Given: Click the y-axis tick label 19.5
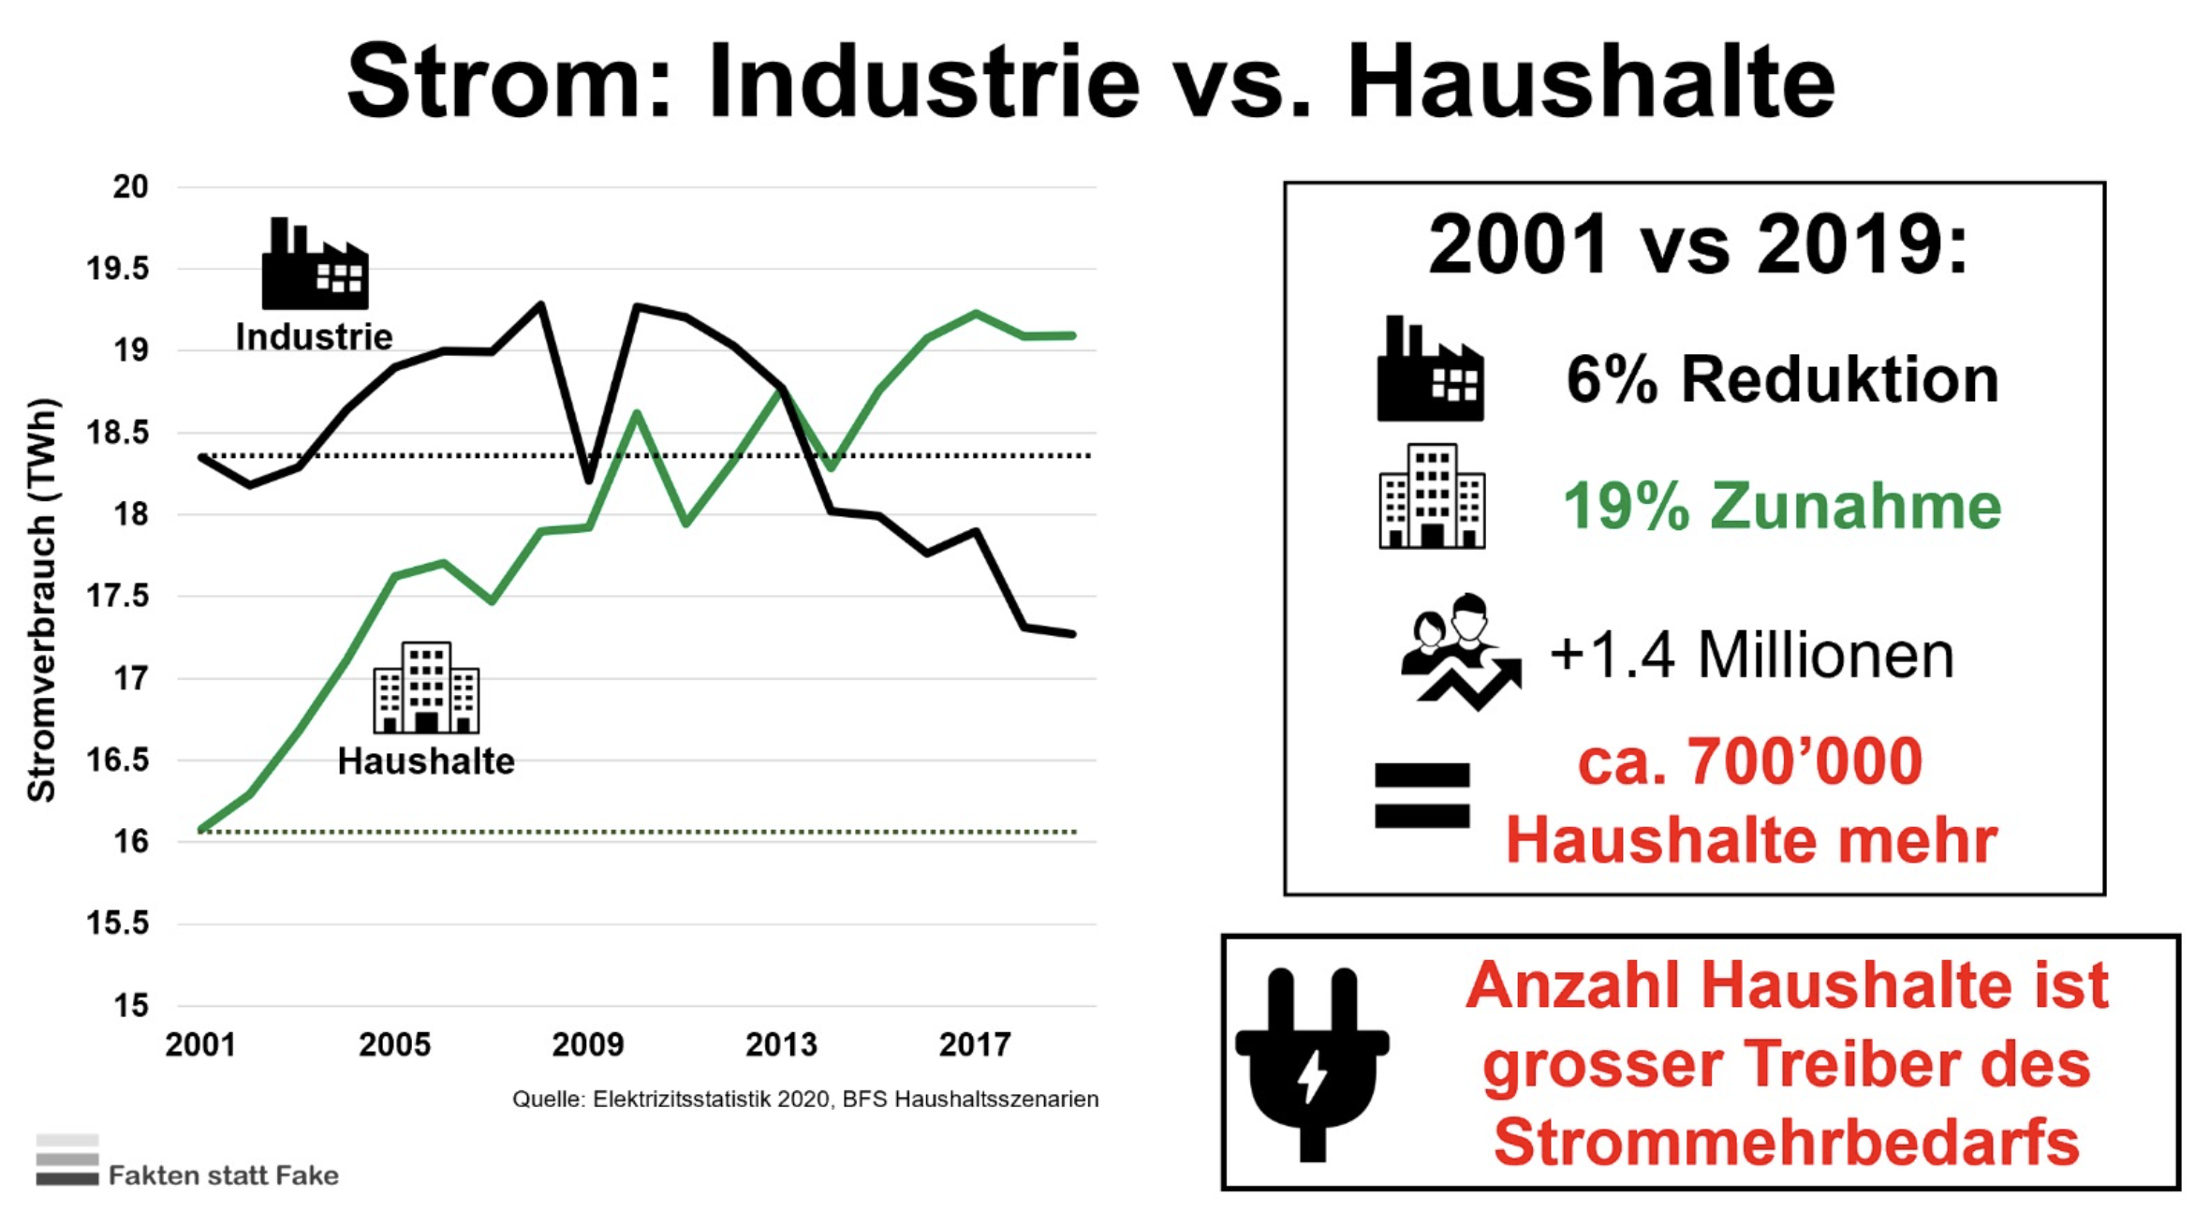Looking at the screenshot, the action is tap(118, 269).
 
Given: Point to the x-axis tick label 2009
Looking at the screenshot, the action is tap(587, 1044).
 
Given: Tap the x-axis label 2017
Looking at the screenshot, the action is tap(975, 1044).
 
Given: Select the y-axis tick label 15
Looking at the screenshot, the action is tap(131, 1006).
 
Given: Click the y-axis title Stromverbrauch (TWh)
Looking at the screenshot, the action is tap(42, 600).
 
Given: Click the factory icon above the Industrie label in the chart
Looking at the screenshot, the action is tap(315, 263).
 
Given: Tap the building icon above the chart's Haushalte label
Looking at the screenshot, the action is tap(426, 687).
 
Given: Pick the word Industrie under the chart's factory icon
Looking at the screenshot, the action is tap(314, 337).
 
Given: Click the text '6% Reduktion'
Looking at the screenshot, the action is tap(1782, 379).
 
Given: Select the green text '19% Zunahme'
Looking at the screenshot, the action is tap(1782, 506).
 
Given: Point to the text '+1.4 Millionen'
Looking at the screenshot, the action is tap(1752, 655).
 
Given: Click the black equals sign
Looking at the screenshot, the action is tap(1422, 795).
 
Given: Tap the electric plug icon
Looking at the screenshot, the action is tap(1313, 1064).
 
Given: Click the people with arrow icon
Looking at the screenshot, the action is tap(1461, 652).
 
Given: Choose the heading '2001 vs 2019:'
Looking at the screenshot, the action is tap(1698, 244).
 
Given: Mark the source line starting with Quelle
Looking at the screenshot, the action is tap(805, 1099).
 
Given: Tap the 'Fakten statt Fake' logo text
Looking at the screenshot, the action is tap(224, 1175).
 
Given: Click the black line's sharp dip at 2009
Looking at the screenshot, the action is tap(589, 481).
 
